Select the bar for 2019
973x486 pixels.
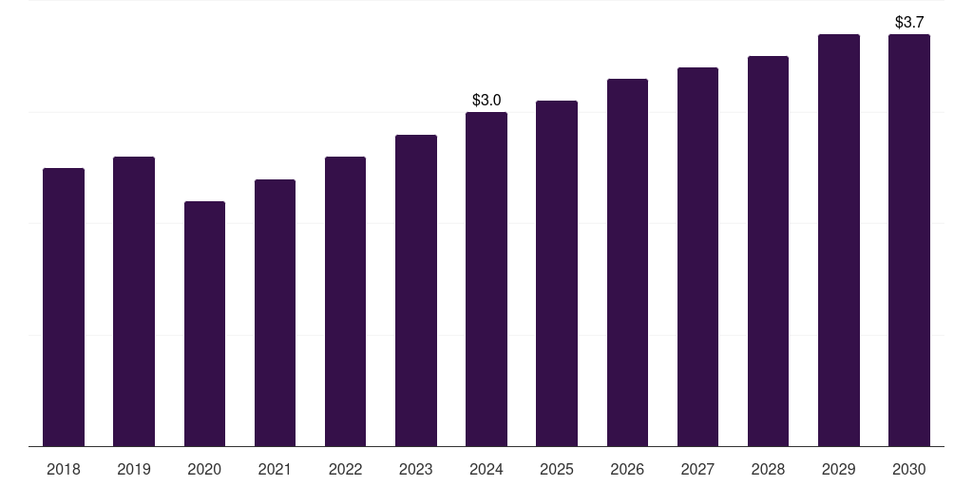134,301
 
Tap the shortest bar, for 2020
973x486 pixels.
204,324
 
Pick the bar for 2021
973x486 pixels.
275,312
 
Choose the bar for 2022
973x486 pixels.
345,301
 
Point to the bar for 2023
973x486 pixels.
416,290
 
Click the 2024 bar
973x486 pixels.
486,279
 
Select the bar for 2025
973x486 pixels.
557,273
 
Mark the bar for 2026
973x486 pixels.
627,262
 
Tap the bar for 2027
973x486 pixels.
697,256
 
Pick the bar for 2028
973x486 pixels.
768,251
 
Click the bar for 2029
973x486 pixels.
839,240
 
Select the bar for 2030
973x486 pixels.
909,240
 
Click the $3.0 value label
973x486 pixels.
486,100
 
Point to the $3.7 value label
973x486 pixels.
909,22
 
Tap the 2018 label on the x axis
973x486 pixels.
64,469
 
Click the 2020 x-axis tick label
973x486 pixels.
204,469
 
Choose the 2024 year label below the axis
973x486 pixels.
486,469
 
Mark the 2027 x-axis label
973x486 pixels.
697,469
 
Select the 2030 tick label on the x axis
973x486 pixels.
909,469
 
